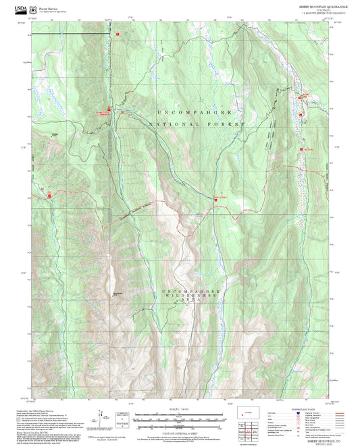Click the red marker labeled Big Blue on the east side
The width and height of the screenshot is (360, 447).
301,149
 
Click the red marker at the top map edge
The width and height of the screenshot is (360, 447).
117,33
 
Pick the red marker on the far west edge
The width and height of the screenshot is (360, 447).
49,195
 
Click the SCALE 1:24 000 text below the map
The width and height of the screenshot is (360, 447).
178,410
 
